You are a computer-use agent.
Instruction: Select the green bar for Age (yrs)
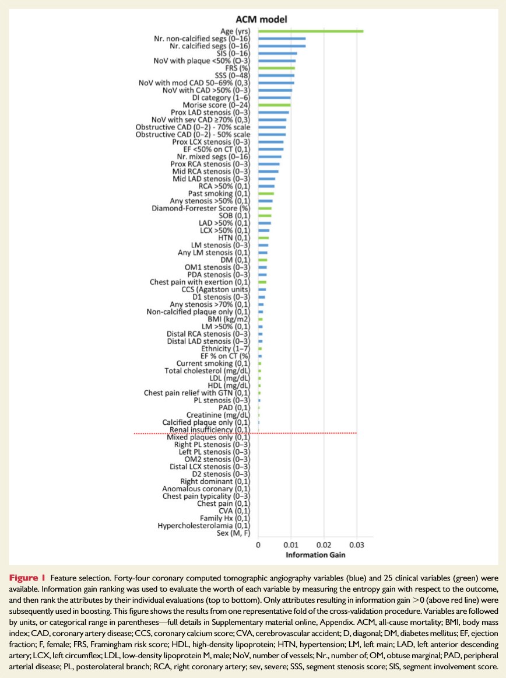click(x=310, y=31)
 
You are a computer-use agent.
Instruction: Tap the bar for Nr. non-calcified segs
click(x=282, y=39)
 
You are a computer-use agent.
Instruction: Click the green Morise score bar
click(x=274, y=105)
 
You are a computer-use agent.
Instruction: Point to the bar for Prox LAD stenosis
click(x=273, y=112)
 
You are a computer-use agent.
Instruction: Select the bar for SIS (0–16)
click(x=277, y=53)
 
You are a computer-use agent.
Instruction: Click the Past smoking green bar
click(x=266, y=193)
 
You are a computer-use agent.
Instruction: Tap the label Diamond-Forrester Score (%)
click(x=201, y=208)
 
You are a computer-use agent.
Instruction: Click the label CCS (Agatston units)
click(x=215, y=289)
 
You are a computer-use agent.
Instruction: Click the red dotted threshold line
click(x=245, y=433)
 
